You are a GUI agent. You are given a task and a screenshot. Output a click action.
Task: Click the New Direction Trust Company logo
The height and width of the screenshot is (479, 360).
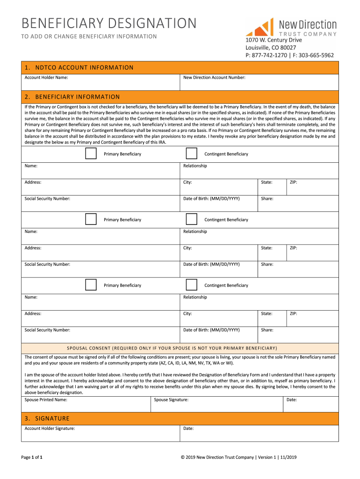click(291, 28)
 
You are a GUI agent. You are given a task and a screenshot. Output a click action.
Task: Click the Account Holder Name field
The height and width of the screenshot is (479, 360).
click(101, 82)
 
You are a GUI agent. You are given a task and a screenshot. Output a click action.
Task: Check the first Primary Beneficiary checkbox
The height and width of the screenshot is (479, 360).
click(91, 153)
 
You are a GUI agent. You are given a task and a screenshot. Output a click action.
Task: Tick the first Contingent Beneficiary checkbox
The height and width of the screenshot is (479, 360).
click(191, 153)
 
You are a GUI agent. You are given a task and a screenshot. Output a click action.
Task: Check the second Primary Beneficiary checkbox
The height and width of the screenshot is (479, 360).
click(91, 219)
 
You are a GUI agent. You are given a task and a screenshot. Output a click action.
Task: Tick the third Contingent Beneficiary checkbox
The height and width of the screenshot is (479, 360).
click(191, 284)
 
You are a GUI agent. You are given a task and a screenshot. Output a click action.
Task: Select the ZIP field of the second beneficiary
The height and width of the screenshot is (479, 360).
click(312, 253)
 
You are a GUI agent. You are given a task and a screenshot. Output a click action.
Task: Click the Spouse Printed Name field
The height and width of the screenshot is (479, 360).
click(86, 404)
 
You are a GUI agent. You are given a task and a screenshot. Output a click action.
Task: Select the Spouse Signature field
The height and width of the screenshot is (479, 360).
click(217, 404)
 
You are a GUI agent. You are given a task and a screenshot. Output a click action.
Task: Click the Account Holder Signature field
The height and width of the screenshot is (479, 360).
click(101, 433)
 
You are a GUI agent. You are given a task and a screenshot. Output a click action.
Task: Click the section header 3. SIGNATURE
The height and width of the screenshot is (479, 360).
click(47, 418)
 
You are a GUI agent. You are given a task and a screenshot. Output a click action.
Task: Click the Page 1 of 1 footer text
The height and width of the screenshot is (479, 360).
click(32, 457)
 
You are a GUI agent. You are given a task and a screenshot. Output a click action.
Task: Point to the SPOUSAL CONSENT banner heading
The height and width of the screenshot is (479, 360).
click(172, 348)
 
